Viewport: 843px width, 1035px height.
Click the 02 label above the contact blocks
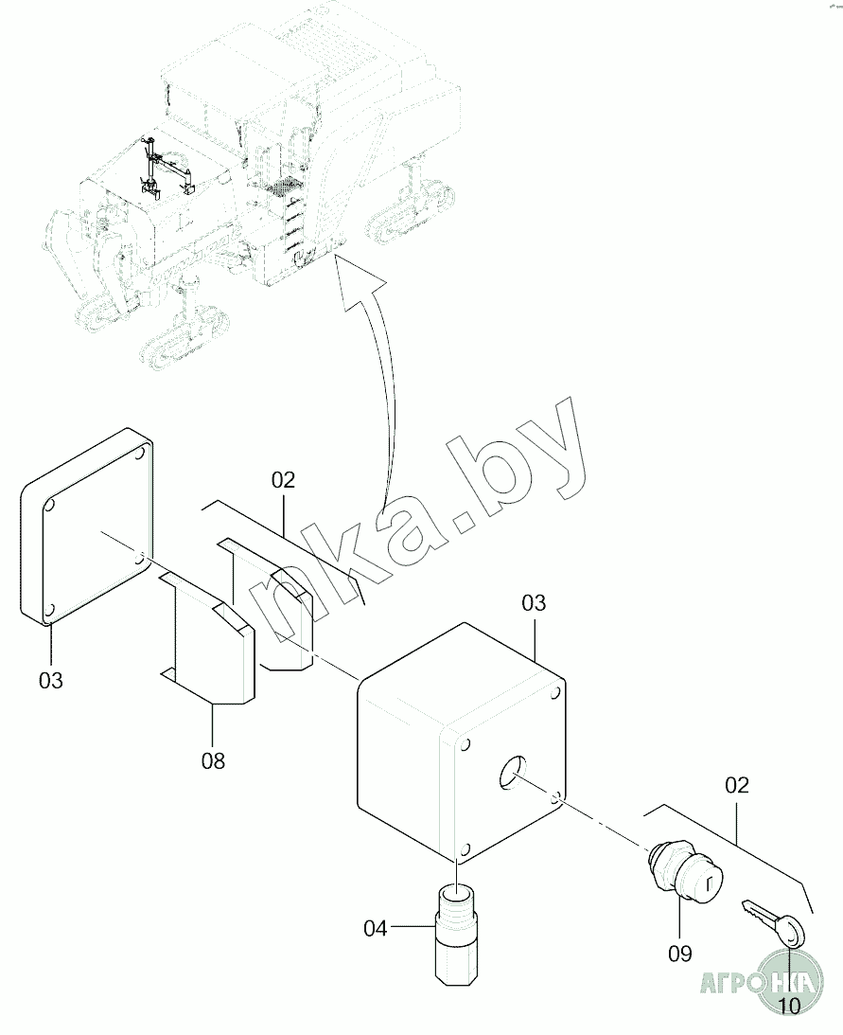coord(283,480)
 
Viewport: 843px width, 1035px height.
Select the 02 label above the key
coord(736,785)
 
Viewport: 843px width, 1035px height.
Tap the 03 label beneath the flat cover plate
coord(51,679)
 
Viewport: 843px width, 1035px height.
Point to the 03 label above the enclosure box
coord(534,603)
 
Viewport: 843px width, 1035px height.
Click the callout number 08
coord(214,759)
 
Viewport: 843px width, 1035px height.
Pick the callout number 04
coord(376,929)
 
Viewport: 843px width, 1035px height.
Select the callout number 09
coord(679,952)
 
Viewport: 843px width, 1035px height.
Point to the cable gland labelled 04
coord(458,932)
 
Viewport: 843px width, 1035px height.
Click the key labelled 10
coord(774,923)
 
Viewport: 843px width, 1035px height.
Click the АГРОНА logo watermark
coord(758,981)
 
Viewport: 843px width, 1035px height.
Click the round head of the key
coord(793,934)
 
